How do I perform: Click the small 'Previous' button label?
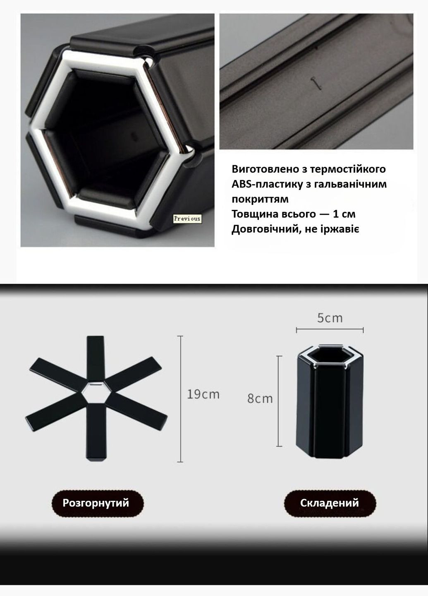[187, 218]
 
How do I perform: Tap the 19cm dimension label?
[203, 394]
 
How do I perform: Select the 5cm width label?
[330, 318]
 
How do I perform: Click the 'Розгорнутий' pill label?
[96, 503]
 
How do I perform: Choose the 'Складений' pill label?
[330, 503]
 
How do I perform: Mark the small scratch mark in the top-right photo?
[316, 82]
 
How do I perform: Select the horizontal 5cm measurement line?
[330, 330]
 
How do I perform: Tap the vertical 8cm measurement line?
[280, 401]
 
